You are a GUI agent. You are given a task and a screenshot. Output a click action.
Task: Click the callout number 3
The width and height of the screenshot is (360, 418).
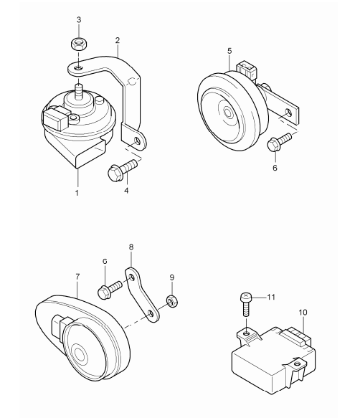pyautogui.click(x=79, y=19)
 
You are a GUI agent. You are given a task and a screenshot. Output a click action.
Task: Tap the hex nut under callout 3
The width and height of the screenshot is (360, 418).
pyautogui.click(x=79, y=44)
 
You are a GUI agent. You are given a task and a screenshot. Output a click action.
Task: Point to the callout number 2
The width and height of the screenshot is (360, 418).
pyautogui.click(x=118, y=40)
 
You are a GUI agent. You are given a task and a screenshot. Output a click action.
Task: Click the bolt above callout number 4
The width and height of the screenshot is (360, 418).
pyautogui.click(x=122, y=169)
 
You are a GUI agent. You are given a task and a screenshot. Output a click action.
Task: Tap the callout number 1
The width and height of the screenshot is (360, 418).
pyautogui.click(x=77, y=193)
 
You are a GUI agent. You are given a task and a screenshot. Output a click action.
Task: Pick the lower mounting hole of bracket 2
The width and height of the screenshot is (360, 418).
pyautogui.click(x=137, y=141)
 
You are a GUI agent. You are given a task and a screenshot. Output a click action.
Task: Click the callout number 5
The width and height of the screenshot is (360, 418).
pyautogui.click(x=229, y=51)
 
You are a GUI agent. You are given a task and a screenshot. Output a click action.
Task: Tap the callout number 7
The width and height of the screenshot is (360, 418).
pyautogui.click(x=77, y=277)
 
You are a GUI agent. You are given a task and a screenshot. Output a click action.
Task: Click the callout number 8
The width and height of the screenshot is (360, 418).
pyautogui.click(x=131, y=247)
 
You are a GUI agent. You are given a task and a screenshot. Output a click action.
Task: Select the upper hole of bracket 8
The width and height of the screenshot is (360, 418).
pyautogui.click(x=132, y=278)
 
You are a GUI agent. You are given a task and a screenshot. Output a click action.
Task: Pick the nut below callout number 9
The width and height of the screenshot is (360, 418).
pyautogui.click(x=172, y=300)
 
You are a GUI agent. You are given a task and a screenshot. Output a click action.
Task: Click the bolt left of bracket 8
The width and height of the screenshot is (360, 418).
pyautogui.click(x=110, y=290)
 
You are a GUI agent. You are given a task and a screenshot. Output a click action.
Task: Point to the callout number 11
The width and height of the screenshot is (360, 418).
pyautogui.click(x=271, y=297)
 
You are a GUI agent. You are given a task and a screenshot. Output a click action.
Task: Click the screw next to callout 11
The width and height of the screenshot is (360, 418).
pyautogui.click(x=246, y=304)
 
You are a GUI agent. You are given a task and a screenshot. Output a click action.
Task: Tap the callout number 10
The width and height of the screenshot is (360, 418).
pyautogui.click(x=303, y=312)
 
